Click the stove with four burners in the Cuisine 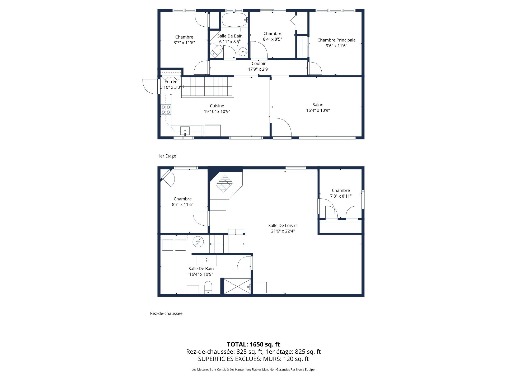(166, 110)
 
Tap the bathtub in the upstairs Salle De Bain (234, 20)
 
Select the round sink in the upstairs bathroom (242, 52)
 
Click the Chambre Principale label (336, 40)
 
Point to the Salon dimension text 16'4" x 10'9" (318, 111)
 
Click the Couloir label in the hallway (259, 64)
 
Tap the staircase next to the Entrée (208, 87)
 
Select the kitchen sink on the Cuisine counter (185, 130)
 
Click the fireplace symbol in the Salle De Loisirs (224, 183)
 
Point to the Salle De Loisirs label (283, 226)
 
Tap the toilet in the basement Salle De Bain (208, 287)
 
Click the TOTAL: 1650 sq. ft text (253, 344)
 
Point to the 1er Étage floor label (167, 156)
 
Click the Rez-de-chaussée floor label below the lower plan (166, 313)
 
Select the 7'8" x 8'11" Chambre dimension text (341, 196)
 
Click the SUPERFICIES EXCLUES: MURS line (253, 359)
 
